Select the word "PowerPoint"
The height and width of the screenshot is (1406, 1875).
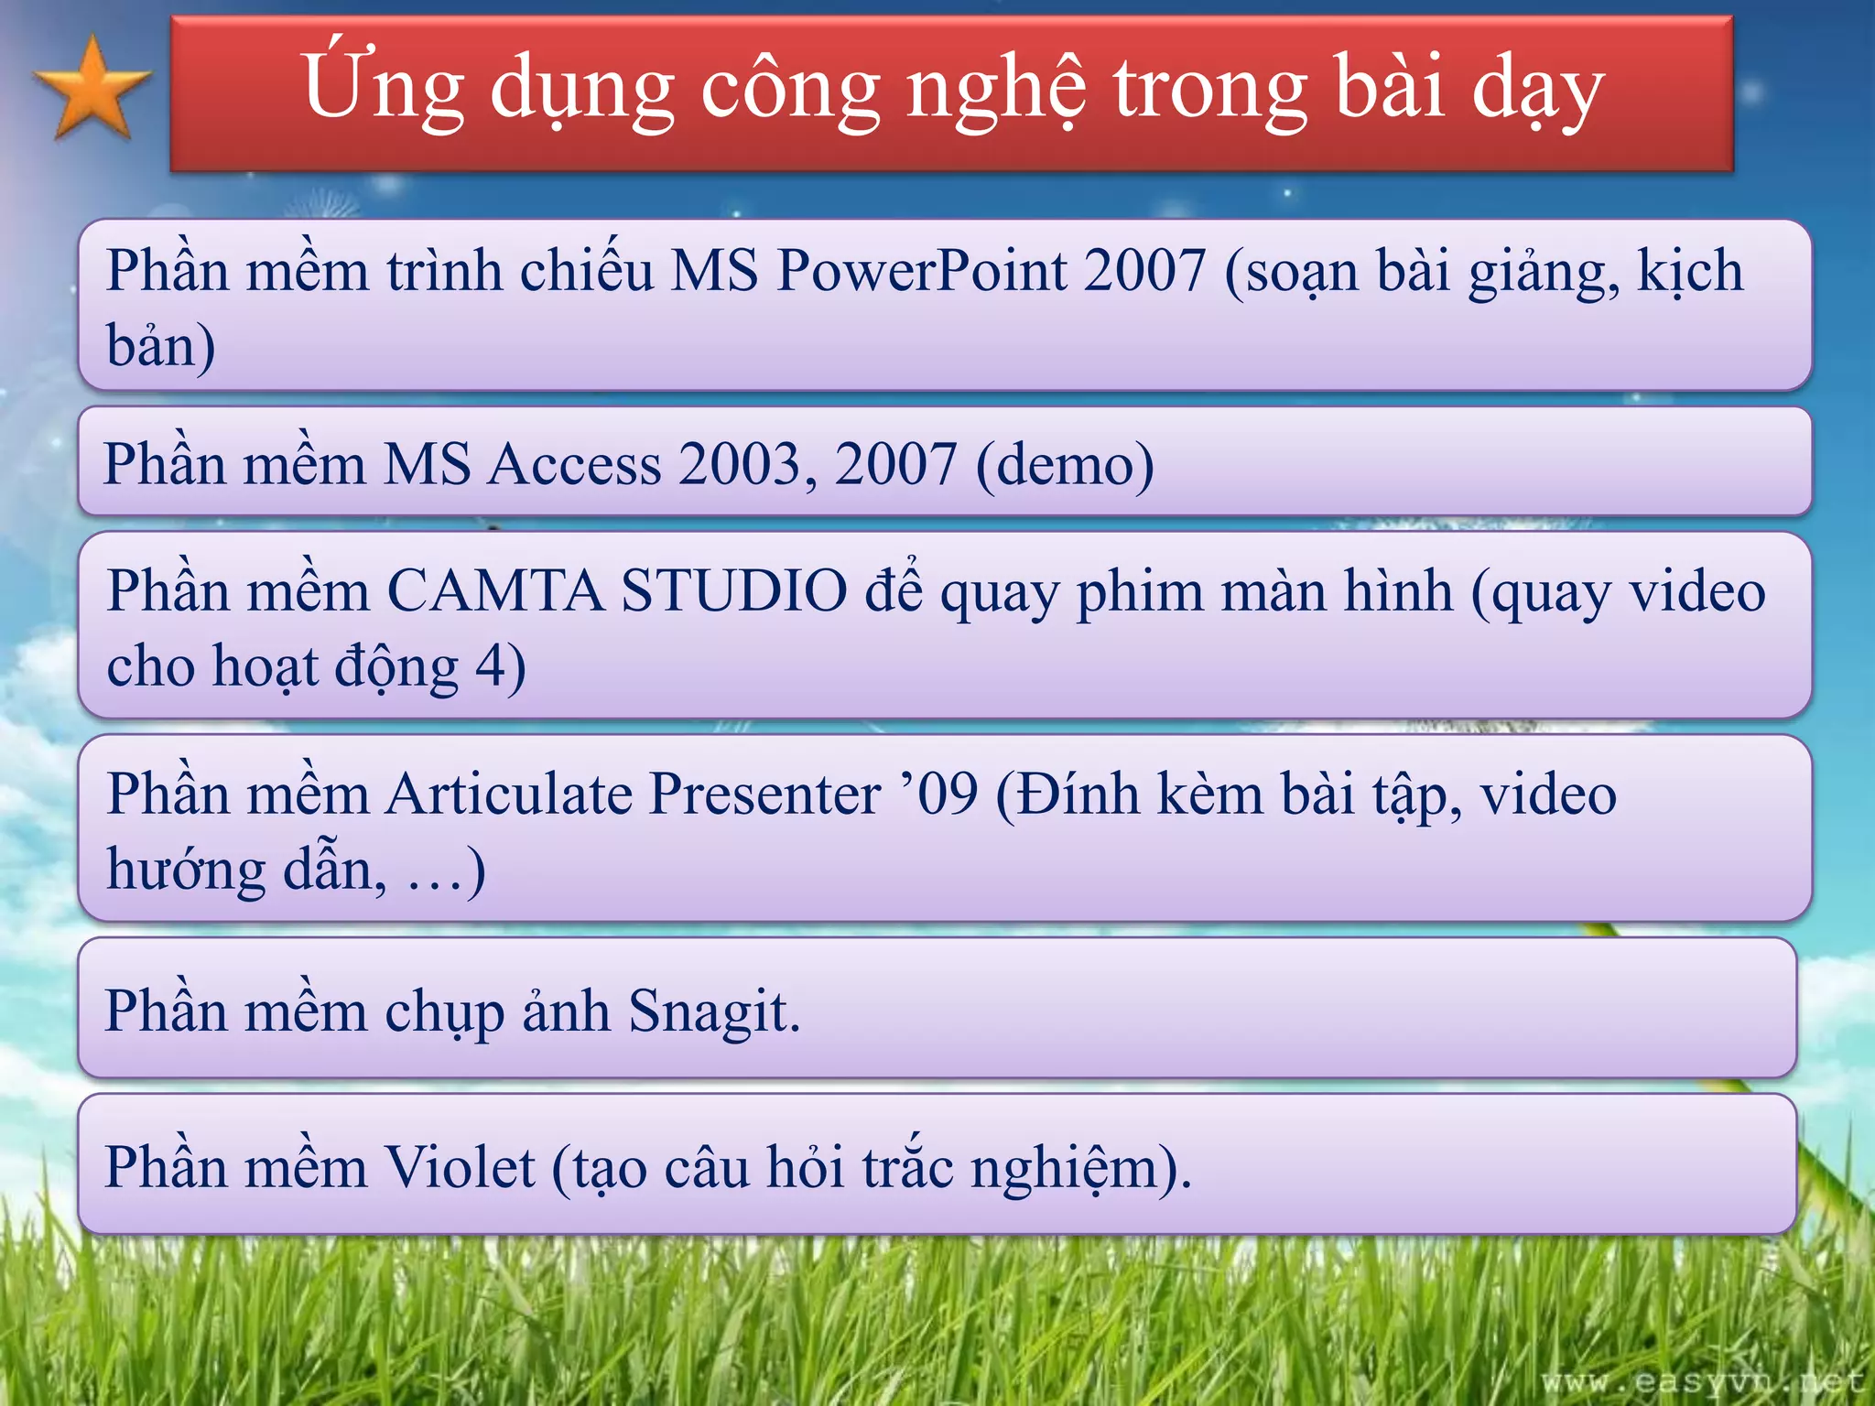click(921, 272)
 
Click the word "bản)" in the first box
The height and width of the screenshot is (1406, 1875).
click(161, 346)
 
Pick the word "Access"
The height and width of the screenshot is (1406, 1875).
click(573, 464)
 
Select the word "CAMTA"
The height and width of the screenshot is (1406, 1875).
click(494, 591)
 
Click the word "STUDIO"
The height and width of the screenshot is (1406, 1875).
click(734, 591)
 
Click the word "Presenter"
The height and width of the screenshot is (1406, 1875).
click(764, 794)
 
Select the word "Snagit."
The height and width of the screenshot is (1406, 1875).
click(714, 1012)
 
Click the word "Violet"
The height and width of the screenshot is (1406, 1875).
click(458, 1168)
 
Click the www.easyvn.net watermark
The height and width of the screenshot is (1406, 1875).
click(1702, 1381)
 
